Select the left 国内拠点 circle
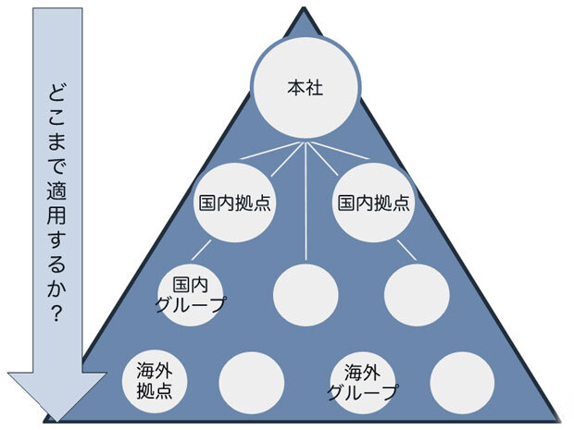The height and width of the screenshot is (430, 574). coord(234,202)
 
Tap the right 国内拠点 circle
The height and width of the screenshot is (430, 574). coord(372,202)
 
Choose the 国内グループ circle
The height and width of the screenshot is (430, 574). coord(193,295)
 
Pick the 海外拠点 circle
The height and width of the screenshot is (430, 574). coord(155,380)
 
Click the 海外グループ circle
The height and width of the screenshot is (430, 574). coord(362,380)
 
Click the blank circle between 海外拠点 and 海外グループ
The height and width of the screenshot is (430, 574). coord(251,380)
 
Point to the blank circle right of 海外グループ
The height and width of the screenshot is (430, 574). coord(462,380)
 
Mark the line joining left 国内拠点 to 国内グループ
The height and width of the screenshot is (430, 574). coord(203,250)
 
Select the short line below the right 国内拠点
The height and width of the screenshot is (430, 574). coord(406,250)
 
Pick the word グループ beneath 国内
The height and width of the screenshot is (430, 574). coord(193,305)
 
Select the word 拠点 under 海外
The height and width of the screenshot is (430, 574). coord(155,390)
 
